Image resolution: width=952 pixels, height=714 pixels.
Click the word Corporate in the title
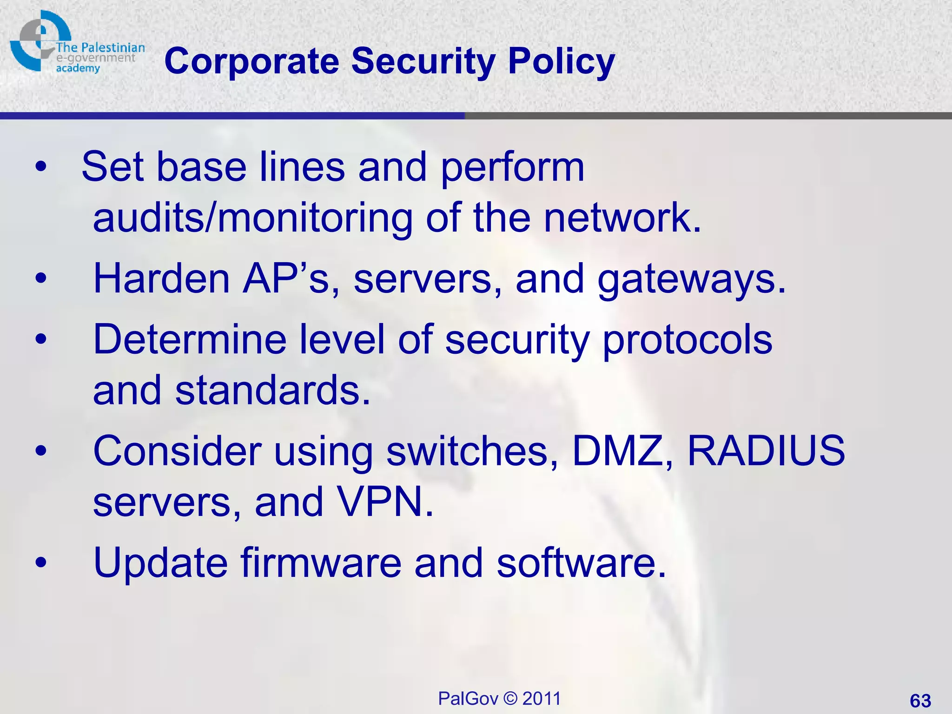(251, 61)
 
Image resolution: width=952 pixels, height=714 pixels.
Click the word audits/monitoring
(252, 218)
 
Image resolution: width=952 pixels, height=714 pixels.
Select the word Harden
(161, 279)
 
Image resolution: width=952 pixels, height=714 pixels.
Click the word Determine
(190, 340)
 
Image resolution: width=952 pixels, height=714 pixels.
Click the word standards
(272, 390)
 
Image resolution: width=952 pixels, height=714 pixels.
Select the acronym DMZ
(622, 451)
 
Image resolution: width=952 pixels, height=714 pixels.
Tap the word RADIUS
(766, 451)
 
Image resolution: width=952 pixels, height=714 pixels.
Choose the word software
(581, 562)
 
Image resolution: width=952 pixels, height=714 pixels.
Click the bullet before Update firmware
(41, 562)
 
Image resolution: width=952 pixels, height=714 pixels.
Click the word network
(622, 218)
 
